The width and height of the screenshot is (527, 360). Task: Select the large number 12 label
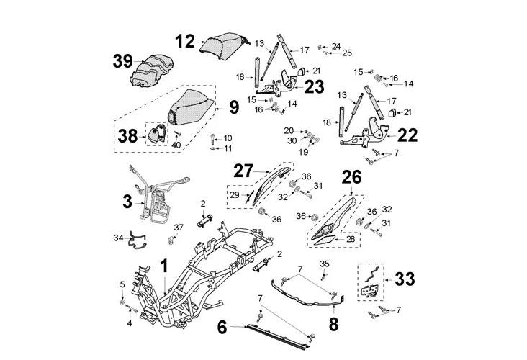(x=185, y=41)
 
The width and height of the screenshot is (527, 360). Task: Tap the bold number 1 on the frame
(x=164, y=269)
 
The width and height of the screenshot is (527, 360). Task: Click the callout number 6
(x=222, y=327)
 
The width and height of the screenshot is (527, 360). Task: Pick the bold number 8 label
(x=333, y=323)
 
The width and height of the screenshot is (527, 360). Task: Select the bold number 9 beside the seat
(x=234, y=109)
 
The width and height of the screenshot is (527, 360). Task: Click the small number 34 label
(x=118, y=237)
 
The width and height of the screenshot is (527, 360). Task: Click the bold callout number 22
(x=407, y=134)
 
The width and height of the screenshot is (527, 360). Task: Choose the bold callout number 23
(x=314, y=88)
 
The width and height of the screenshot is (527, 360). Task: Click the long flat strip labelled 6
(x=281, y=330)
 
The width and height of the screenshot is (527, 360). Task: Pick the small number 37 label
(x=179, y=227)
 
